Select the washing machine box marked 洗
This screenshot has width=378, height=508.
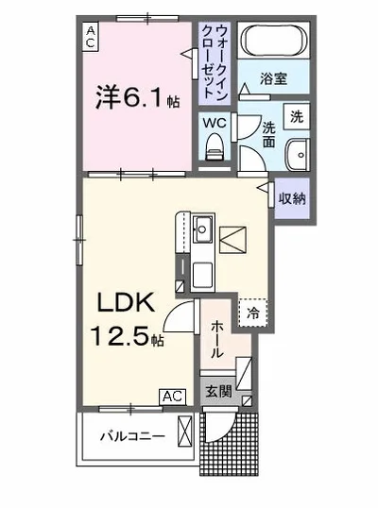(296, 117)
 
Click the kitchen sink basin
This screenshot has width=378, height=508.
(200, 229)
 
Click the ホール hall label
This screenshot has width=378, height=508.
(215, 338)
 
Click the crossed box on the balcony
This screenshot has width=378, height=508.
(186, 436)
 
